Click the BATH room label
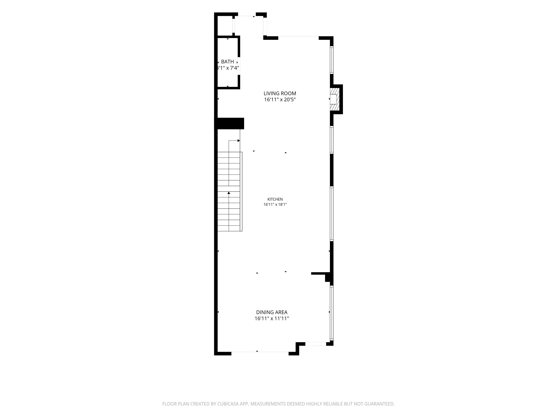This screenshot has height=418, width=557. pyautogui.click(x=227, y=62)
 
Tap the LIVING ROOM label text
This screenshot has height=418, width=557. pyautogui.click(x=280, y=93)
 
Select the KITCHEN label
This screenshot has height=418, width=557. pyautogui.click(x=275, y=199)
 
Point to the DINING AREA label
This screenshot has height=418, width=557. pyautogui.click(x=272, y=312)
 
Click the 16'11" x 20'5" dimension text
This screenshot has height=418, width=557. pyautogui.click(x=280, y=99)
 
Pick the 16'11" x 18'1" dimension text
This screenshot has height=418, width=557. pyautogui.click(x=275, y=205)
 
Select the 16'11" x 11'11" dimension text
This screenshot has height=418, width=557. pyautogui.click(x=272, y=319)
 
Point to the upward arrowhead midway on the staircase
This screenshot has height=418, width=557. pyautogui.click(x=229, y=193)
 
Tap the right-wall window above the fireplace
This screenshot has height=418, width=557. pyautogui.click(x=332, y=60)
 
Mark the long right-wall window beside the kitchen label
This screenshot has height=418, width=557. pyautogui.click(x=332, y=214)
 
